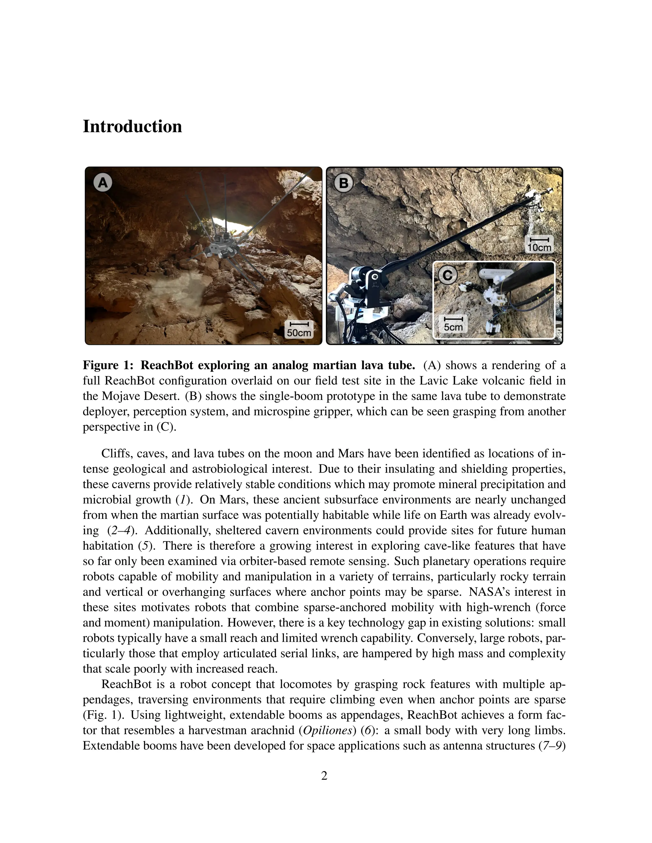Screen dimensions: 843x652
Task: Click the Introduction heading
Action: pos(132,127)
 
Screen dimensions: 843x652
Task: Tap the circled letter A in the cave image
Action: pos(103,182)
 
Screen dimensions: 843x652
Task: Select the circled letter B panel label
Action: pos(344,183)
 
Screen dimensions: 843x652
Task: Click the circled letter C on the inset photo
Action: pos(448,275)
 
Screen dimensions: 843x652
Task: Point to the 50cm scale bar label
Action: pos(299,332)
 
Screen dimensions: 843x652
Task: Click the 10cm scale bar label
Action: pos(539,247)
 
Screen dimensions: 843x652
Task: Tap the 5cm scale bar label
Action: pos(453,327)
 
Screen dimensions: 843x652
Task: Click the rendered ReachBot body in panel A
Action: pos(220,247)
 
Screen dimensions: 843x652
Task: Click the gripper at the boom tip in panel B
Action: pos(543,197)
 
